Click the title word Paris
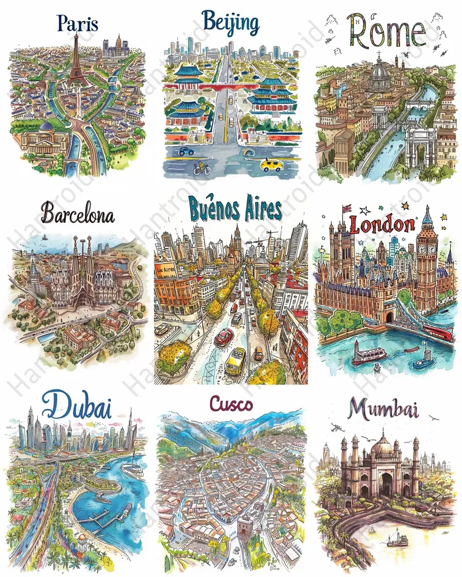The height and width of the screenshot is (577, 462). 77,24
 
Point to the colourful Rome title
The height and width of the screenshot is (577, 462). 387,31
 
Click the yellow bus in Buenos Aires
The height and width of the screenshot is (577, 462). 235,361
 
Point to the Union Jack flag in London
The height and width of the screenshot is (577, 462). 347,209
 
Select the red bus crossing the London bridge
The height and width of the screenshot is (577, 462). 439,332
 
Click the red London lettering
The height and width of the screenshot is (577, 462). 382,224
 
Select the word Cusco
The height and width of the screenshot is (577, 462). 231,404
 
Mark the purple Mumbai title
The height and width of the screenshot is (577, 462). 384,410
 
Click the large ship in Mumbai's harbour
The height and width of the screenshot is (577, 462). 398,540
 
